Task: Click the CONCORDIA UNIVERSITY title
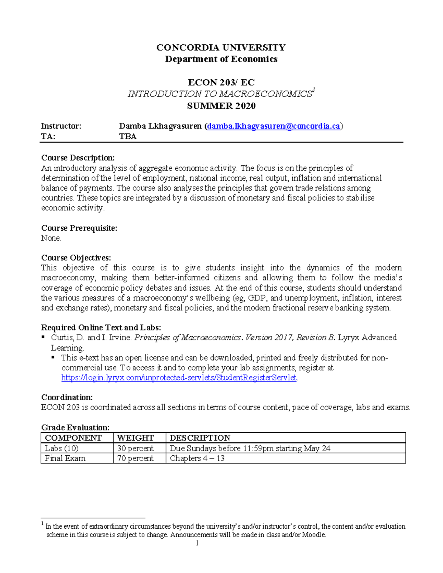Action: pos(221,47)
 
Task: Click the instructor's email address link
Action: pos(273,126)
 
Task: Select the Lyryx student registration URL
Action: pos(179,378)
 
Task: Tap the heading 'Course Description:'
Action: pos(78,158)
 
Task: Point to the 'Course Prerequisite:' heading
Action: pos(79,228)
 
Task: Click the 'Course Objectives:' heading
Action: pos(76,258)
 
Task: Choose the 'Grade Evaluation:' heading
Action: pos(75,427)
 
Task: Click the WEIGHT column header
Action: pos(135,438)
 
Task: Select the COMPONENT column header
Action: pos(73,438)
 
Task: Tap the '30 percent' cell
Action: pos(135,448)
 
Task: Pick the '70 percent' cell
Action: pos(135,458)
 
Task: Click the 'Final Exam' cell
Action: pos(65,458)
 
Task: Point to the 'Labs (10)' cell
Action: pos(61,448)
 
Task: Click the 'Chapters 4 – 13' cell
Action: pos(197,458)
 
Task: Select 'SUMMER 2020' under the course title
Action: pos(221,106)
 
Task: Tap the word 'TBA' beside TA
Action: pos(128,137)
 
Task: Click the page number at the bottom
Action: pos(197,543)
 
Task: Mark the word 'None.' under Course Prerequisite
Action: pos(51,238)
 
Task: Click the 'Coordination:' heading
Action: pos(67,397)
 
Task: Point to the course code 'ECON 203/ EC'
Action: pos(221,82)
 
